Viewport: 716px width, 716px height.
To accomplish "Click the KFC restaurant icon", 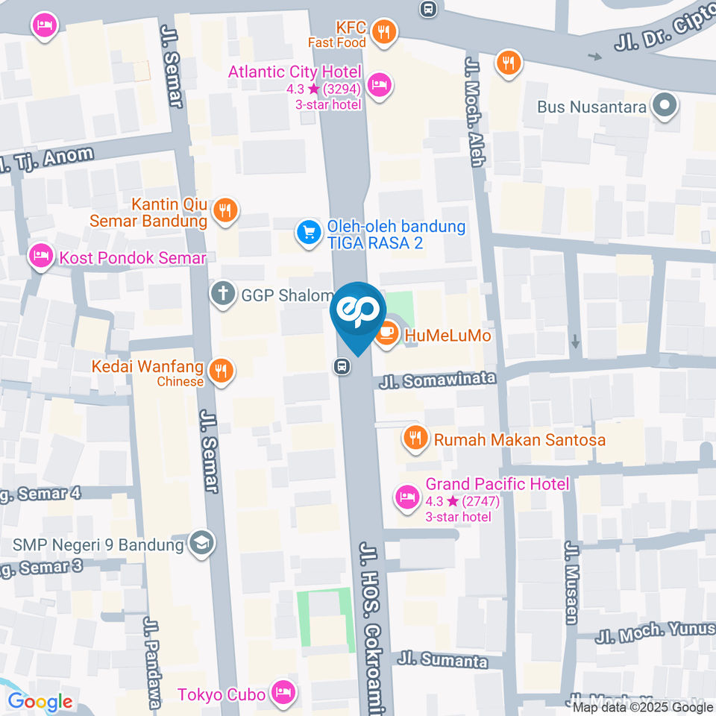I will click(383, 33).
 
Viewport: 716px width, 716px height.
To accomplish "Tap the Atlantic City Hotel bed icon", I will click(380, 84).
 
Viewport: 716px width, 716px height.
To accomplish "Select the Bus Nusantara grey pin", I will click(664, 106).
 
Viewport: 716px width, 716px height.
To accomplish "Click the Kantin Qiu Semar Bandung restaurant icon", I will click(224, 212).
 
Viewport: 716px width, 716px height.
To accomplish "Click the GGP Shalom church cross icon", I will click(222, 295).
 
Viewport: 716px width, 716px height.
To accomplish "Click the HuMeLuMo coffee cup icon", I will click(386, 335).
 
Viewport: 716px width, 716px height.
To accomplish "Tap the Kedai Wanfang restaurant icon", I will click(221, 371).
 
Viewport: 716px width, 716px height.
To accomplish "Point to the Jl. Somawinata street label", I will click(437, 380).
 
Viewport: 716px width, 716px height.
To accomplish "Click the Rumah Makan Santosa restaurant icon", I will click(415, 439).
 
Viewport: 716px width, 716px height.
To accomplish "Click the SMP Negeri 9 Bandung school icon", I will click(201, 544).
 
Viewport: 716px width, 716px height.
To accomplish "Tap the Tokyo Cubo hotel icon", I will click(283, 694).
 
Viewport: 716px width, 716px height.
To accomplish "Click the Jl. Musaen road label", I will click(571, 583).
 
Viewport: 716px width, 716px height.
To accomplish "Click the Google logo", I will click(40, 701).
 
